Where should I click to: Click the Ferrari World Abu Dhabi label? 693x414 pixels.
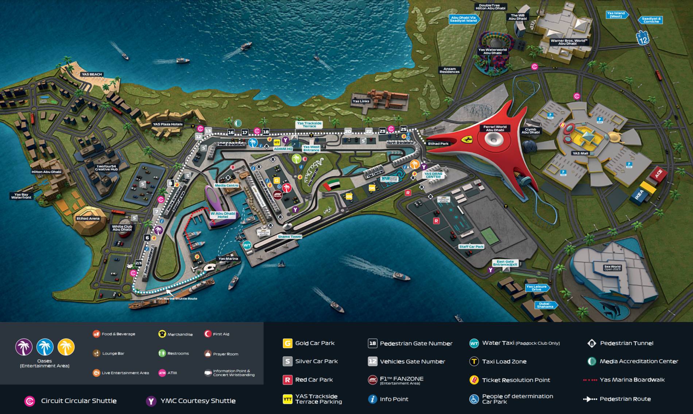pyautogui.click(x=495, y=128)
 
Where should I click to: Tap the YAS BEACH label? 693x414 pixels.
pyautogui.click(x=92, y=74)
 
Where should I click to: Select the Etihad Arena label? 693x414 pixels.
pyautogui.click(x=88, y=218)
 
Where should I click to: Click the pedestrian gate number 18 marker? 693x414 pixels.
pyautogui.click(x=266, y=132)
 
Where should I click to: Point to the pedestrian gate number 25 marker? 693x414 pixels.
pyautogui.click(x=403, y=129)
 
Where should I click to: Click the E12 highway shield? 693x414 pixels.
pyautogui.click(x=643, y=38)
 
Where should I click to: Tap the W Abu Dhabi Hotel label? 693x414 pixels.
pyautogui.click(x=223, y=215)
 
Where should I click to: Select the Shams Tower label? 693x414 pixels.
pyautogui.click(x=290, y=237)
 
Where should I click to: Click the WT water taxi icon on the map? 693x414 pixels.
pyautogui.click(x=247, y=245)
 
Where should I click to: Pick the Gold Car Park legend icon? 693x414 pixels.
pyautogui.click(x=287, y=343)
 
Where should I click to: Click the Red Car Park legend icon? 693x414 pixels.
pyautogui.click(x=287, y=380)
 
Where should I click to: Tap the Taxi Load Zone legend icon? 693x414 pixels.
pyautogui.click(x=474, y=361)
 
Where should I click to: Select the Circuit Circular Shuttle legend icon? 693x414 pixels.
pyautogui.click(x=30, y=401)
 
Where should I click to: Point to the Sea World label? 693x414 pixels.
pyautogui.click(x=612, y=268)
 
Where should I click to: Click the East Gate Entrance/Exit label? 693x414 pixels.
pyautogui.click(x=505, y=263)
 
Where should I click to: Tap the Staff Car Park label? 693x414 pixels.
pyautogui.click(x=471, y=246)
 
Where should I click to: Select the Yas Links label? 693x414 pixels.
pyautogui.click(x=361, y=101)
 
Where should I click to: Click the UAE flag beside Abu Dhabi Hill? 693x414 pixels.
pyautogui.click(x=332, y=185)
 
